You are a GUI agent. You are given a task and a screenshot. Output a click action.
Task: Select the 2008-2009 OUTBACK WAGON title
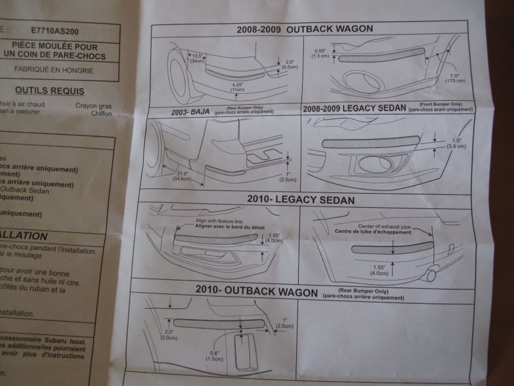[x=305, y=29]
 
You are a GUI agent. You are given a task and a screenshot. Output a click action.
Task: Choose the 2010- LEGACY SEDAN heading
[x=301, y=199]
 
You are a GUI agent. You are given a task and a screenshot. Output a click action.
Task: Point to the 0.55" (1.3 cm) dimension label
[x=320, y=53]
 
